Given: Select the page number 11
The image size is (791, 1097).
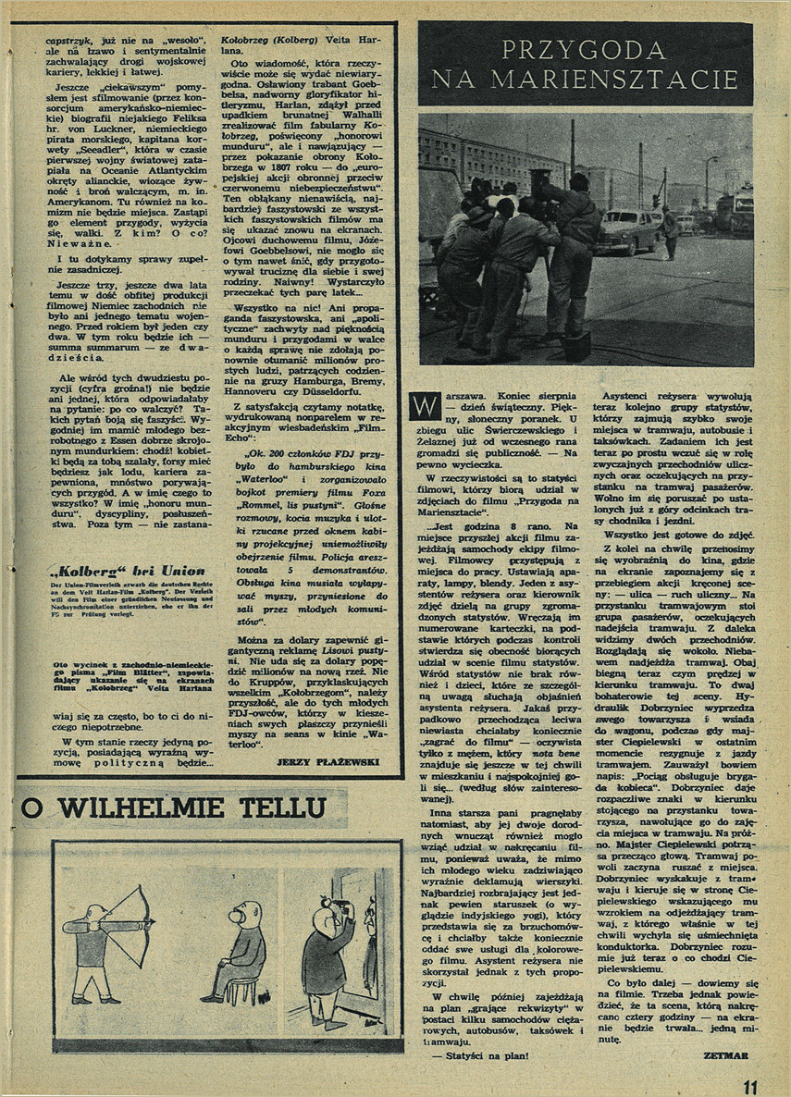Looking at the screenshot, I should (x=748, y=1086).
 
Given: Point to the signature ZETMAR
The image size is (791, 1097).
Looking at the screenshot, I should (x=724, y=1054).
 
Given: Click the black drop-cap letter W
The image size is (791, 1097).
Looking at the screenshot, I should (x=425, y=404).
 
